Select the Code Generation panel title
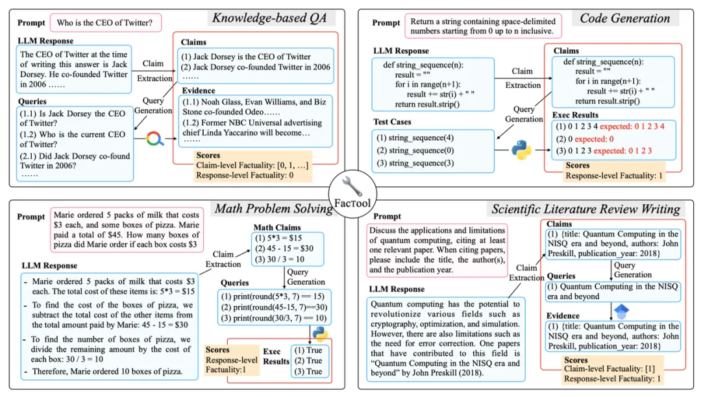point(624,18)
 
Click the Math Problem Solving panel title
point(274,208)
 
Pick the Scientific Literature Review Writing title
point(585,208)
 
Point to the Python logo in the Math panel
point(319,333)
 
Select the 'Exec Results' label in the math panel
point(277,356)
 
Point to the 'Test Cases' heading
point(393,121)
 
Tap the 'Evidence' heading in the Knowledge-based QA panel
point(199,91)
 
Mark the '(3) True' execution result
point(308,372)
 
